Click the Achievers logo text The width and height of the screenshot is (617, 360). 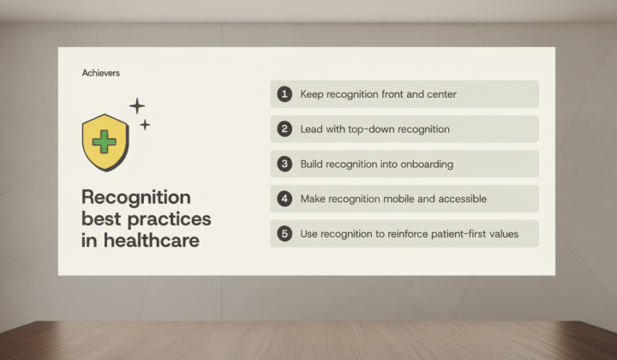(x=101, y=73)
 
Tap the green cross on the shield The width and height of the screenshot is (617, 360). (x=104, y=141)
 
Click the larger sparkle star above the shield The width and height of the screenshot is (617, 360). (x=137, y=105)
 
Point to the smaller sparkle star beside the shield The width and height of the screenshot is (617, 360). (x=145, y=125)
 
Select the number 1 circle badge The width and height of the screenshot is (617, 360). (x=285, y=94)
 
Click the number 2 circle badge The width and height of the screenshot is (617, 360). (x=285, y=129)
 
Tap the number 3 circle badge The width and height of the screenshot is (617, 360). (x=285, y=164)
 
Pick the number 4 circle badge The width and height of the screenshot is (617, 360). (x=285, y=199)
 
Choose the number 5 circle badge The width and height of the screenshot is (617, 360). (x=285, y=234)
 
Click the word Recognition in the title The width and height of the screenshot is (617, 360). (x=136, y=197)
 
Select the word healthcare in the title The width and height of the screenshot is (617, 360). (x=152, y=240)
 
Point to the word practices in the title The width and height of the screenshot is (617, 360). (x=169, y=219)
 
